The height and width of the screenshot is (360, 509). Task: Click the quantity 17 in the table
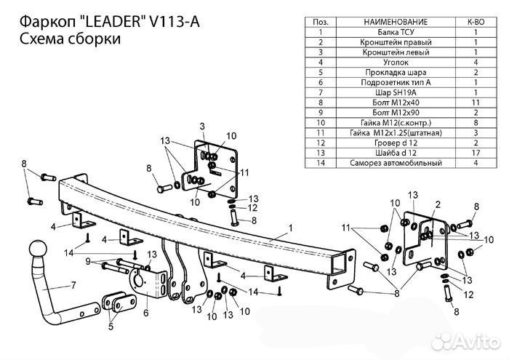pos(476,153)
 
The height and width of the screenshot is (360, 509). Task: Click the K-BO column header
pos(476,23)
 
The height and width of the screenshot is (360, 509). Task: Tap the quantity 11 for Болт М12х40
pos(476,103)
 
